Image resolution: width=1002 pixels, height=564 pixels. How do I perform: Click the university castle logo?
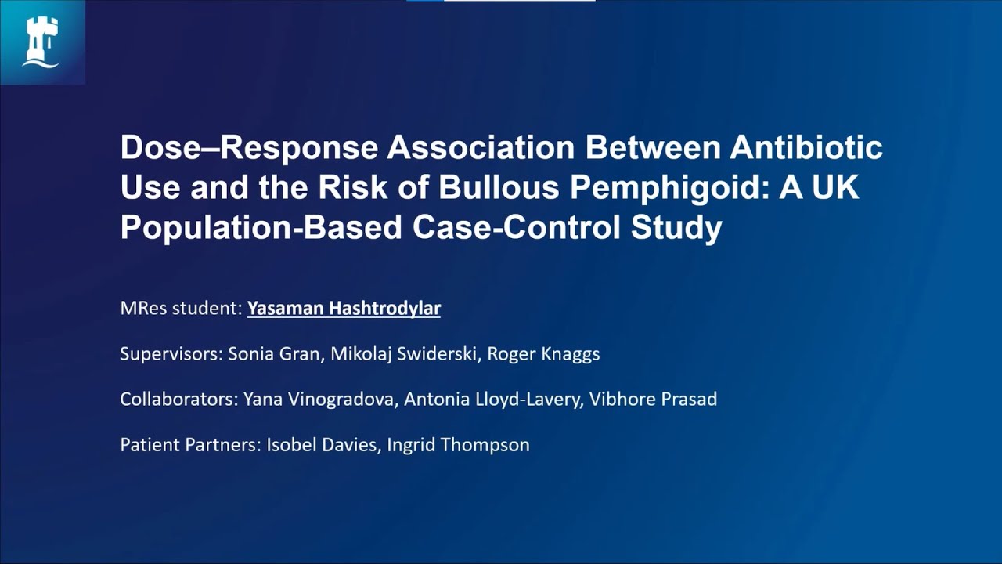pos(41,42)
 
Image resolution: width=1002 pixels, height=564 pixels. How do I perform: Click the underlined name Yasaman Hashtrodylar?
pos(344,309)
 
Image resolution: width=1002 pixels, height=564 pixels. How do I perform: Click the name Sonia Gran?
pos(274,354)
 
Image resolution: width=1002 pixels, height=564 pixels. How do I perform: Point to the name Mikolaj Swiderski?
pos(403,354)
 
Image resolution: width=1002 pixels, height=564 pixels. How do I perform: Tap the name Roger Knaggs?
pos(543,354)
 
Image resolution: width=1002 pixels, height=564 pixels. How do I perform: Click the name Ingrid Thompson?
pos(458,445)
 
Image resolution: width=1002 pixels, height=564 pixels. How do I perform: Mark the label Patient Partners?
pos(189,445)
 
